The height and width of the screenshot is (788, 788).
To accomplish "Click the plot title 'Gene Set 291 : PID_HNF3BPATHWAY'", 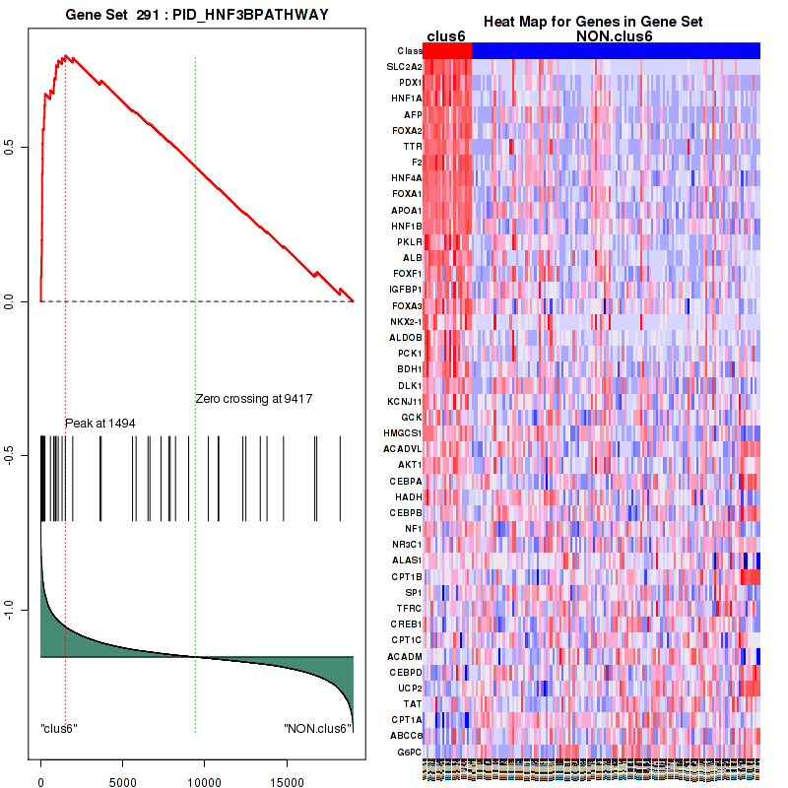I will pos(197,17).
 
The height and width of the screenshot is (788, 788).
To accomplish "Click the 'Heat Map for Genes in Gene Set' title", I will pos(593,23).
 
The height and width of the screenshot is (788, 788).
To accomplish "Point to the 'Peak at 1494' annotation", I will pos(99,423).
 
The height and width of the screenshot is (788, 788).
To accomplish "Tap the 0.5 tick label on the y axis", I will pos(11,147).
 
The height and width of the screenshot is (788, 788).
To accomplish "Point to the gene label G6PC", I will pos(410,752).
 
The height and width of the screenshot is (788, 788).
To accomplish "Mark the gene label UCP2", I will pos(410,688).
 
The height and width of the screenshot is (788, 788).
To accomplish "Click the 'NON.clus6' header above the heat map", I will pos(615,36).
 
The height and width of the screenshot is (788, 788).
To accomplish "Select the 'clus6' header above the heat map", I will pos(446,36).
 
